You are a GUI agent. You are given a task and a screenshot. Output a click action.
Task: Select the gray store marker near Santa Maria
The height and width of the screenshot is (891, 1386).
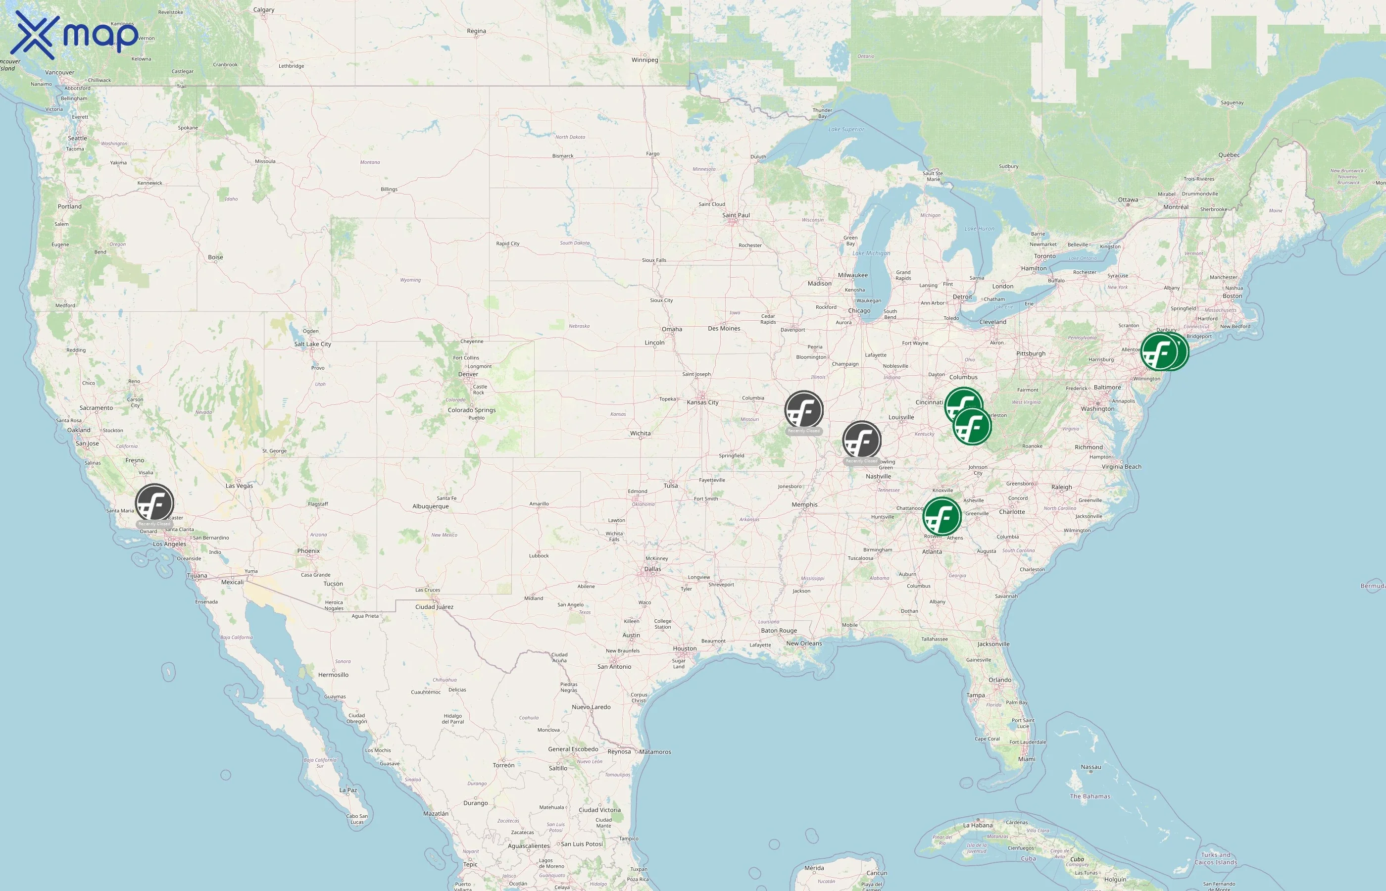click(154, 503)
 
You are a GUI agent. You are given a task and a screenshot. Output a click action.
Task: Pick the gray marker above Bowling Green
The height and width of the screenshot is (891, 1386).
click(861, 440)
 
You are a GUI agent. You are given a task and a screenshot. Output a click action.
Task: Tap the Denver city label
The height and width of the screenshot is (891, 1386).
click(468, 374)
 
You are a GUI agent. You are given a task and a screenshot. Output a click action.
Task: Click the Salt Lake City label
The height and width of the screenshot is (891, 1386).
click(312, 344)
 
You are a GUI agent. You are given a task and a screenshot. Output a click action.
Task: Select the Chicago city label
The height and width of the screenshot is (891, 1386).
click(859, 311)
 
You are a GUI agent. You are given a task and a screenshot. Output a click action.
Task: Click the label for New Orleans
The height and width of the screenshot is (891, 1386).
click(803, 643)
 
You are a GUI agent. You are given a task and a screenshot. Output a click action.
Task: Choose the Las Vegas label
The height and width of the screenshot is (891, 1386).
click(239, 486)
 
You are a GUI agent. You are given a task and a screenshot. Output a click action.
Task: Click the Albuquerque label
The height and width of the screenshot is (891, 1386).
click(430, 506)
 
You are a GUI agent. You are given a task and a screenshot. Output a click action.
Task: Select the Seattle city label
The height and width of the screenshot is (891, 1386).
click(78, 138)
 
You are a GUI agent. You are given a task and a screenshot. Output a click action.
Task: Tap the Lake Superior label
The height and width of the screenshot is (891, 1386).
click(846, 130)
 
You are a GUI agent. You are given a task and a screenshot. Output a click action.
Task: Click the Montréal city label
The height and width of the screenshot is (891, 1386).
click(1176, 207)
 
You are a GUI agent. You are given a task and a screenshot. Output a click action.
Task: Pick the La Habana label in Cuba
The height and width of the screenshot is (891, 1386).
click(978, 826)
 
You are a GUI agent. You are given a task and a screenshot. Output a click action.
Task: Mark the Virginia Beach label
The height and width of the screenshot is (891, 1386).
click(1121, 467)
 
